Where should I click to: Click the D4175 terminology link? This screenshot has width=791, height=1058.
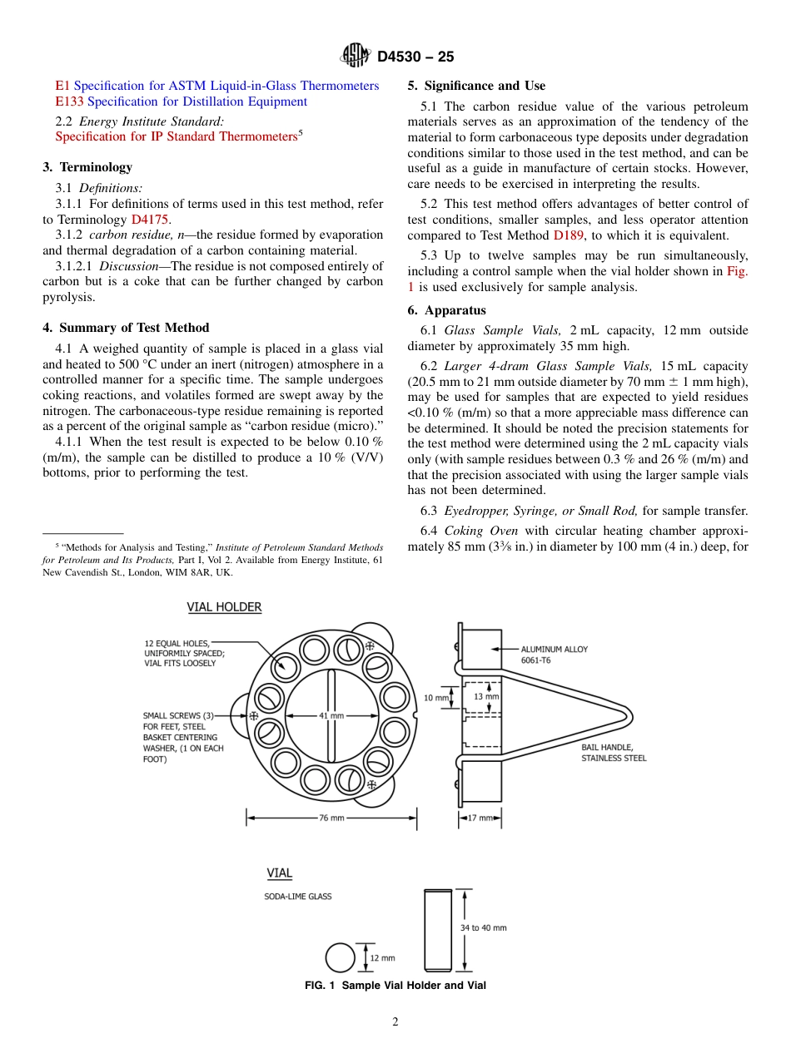click(x=150, y=220)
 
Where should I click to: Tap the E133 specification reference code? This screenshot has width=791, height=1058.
click(x=70, y=101)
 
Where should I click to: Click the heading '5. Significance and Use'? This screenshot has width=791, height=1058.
click(x=476, y=86)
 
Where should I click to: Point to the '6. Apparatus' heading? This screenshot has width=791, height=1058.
click(x=446, y=310)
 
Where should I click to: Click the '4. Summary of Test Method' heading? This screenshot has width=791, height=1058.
click(x=126, y=328)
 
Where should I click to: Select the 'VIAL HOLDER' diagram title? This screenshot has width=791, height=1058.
click(x=224, y=607)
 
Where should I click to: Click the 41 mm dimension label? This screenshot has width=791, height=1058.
click(x=331, y=715)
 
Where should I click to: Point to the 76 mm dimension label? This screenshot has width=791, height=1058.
click(x=331, y=818)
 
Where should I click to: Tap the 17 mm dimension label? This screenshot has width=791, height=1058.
click(x=480, y=818)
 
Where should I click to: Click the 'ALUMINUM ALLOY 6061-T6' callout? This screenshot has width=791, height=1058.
click(x=555, y=655)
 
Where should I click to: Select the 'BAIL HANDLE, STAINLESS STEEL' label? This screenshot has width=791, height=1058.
click(x=614, y=753)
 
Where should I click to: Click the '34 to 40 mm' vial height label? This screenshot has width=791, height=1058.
click(x=484, y=927)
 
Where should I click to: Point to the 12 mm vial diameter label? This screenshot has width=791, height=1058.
click(x=382, y=958)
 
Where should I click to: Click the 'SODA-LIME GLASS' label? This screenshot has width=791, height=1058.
click(x=298, y=897)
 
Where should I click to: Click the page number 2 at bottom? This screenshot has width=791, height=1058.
click(x=395, y=1022)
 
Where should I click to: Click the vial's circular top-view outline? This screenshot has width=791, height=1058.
click(x=340, y=957)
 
